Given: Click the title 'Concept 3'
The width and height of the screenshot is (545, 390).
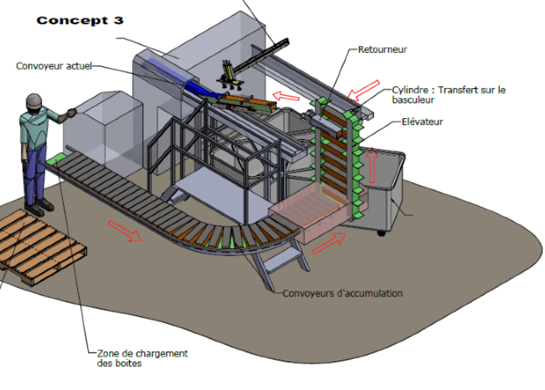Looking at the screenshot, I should [79, 19].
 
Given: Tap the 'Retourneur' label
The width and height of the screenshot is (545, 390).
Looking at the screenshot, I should [382, 50].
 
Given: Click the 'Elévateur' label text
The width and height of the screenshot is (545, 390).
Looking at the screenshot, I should [423, 121].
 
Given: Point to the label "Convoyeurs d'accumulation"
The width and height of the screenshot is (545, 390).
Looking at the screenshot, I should [343, 293].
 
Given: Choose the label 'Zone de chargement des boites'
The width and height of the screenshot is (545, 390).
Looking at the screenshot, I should [142, 358].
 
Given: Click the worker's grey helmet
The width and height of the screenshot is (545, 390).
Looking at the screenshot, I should [35, 100].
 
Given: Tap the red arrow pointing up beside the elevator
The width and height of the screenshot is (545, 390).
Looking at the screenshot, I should [373, 165].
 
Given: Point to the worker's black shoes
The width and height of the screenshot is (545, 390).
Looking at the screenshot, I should [38, 206].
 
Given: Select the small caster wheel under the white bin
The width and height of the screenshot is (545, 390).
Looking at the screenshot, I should [381, 232].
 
